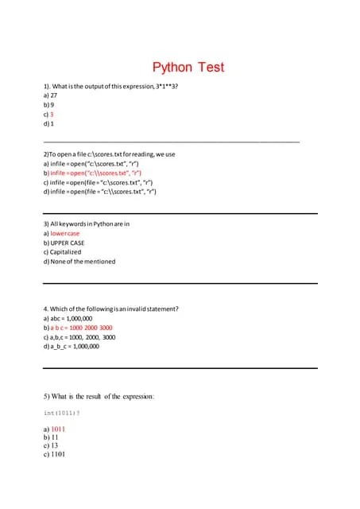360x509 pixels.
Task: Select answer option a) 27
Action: pyautogui.click(x=50, y=95)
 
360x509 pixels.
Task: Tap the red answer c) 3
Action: pyautogui.click(x=48, y=115)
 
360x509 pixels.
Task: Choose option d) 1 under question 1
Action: pyautogui.click(x=48, y=124)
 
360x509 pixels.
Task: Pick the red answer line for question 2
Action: pyautogui.click(x=96, y=172)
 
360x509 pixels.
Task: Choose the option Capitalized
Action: pyautogui.click(x=68, y=252)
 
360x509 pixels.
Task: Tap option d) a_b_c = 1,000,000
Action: pyautogui.click(x=71, y=347)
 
